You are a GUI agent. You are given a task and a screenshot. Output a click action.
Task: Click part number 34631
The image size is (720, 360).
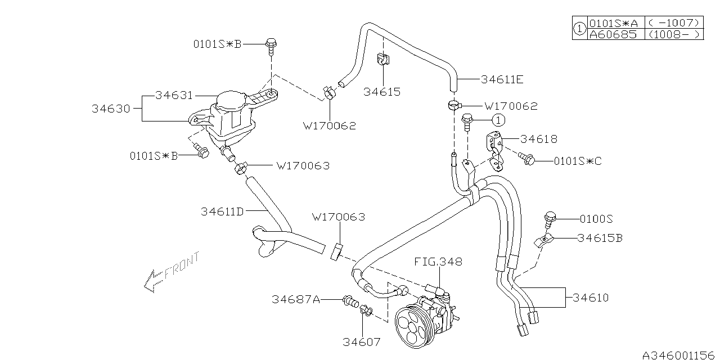pyautogui.click(x=174, y=96)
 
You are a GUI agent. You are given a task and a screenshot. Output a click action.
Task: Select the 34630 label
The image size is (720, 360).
pyautogui.click(x=111, y=109)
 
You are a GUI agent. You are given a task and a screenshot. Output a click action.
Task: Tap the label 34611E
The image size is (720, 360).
pyautogui.click(x=502, y=80)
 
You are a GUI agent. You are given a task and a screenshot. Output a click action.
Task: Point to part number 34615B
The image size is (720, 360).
pyautogui.click(x=600, y=238)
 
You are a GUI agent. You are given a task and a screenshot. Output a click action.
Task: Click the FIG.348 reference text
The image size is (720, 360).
pyautogui.click(x=438, y=262)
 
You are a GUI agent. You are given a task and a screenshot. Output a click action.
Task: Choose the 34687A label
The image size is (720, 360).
pyautogui.click(x=295, y=300)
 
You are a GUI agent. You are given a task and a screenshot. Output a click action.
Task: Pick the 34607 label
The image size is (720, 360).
pyautogui.click(x=362, y=341)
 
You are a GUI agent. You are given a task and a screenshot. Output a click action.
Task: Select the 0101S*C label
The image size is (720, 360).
pyautogui.click(x=578, y=161)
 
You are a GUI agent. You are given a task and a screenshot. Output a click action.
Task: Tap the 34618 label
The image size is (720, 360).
pyautogui.click(x=538, y=139)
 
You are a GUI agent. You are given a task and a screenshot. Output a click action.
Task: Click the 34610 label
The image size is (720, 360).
pyautogui.click(x=590, y=298)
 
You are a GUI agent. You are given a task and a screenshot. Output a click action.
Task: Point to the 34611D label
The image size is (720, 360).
pyautogui.click(x=222, y=212)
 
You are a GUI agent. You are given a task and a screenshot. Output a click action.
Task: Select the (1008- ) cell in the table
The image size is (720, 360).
pyautogui.click(x=673, y=34)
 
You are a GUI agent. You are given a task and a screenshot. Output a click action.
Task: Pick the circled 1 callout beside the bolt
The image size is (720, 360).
pyautogui.click(x=498, y=120)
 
